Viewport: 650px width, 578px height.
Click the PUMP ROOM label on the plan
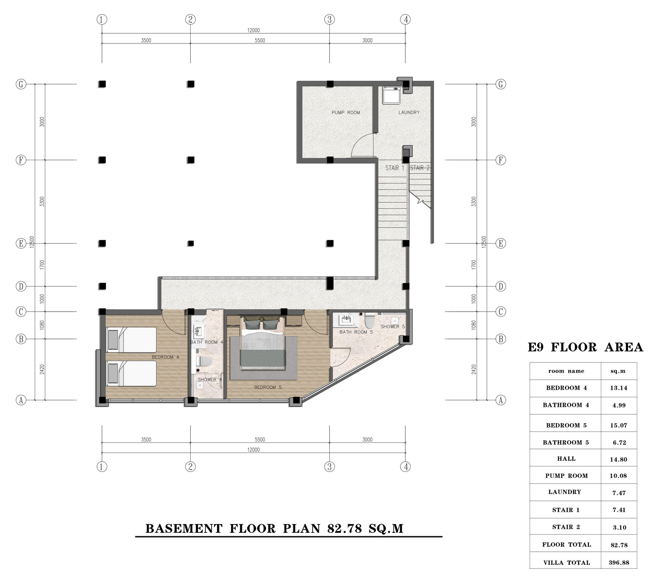point(346,112)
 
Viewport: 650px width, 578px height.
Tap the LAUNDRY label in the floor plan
point(409,112)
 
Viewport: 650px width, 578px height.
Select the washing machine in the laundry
point(391,95)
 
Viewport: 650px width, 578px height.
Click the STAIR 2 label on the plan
point(419,168)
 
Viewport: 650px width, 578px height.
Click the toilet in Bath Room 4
point(204,361)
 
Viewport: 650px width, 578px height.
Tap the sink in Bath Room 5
point(346,320)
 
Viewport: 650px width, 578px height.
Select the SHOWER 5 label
point(393,327)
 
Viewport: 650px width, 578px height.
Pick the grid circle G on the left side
point(21,84)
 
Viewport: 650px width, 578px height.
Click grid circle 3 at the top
point(329,20)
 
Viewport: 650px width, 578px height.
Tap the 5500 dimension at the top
point(260,40)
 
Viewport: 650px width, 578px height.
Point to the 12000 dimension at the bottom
point(253,450)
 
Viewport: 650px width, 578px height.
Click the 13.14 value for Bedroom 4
point(618,388)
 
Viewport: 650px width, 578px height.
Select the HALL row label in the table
point(566,459)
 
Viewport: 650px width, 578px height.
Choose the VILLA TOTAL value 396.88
point(619,563)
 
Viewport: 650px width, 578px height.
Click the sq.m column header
point(618,371)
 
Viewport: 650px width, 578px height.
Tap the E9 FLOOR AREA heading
point(585,347)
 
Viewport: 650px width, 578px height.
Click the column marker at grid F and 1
point(102,160)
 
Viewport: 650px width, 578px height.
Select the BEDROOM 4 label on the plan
point(165,357)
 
